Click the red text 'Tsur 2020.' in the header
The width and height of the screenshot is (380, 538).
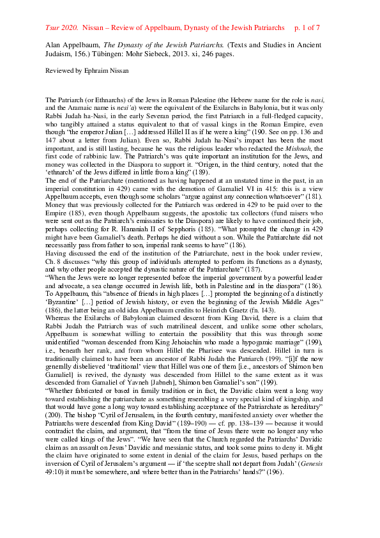coord(61,29)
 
